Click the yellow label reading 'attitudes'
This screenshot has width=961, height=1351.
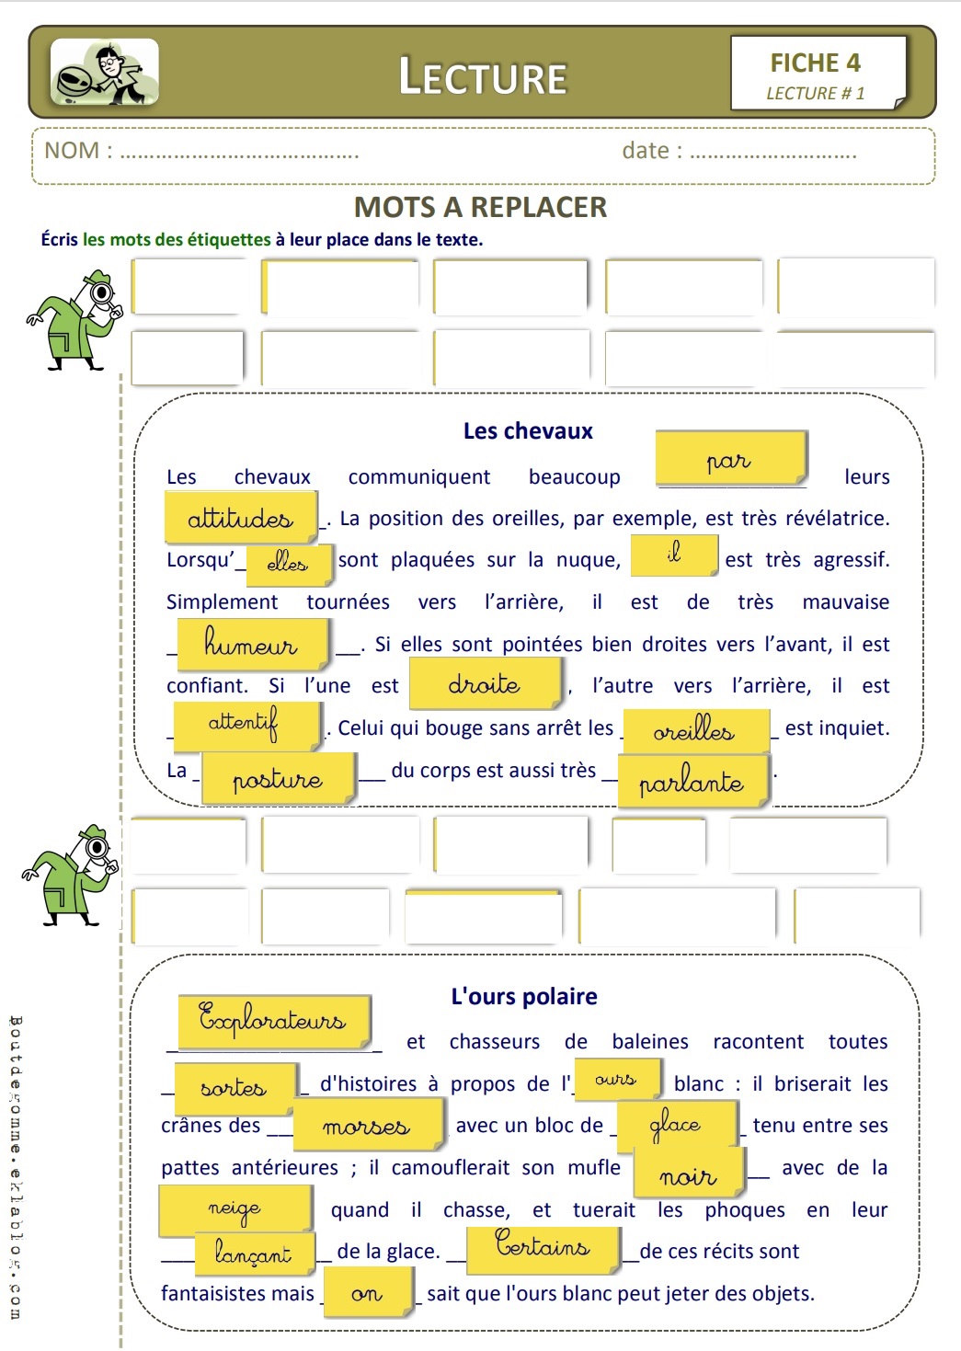(241, 518)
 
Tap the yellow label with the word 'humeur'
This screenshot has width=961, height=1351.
(251, 643)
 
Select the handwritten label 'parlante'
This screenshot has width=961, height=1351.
(692, 782)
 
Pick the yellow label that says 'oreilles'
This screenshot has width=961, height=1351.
(695, 730)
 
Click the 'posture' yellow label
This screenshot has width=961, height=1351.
(278, 779)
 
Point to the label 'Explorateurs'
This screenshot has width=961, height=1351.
(273, 1021)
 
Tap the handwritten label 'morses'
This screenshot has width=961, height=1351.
(366, 1126)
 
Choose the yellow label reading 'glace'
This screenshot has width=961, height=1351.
(676, 1125)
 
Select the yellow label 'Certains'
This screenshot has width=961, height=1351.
(543, 1248)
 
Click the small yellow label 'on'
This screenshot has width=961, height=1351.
(367, 1293)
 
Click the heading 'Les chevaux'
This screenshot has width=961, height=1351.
(528, 430)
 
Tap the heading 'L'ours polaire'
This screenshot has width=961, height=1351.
(524, 996)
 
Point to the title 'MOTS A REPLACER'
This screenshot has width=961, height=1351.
(480, 207)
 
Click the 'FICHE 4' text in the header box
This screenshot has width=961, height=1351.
(815, 63)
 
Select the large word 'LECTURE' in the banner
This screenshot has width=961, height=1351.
(482, 77)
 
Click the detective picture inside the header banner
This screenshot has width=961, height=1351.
(105, 72)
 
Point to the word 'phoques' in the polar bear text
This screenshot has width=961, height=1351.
(745, 1209)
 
